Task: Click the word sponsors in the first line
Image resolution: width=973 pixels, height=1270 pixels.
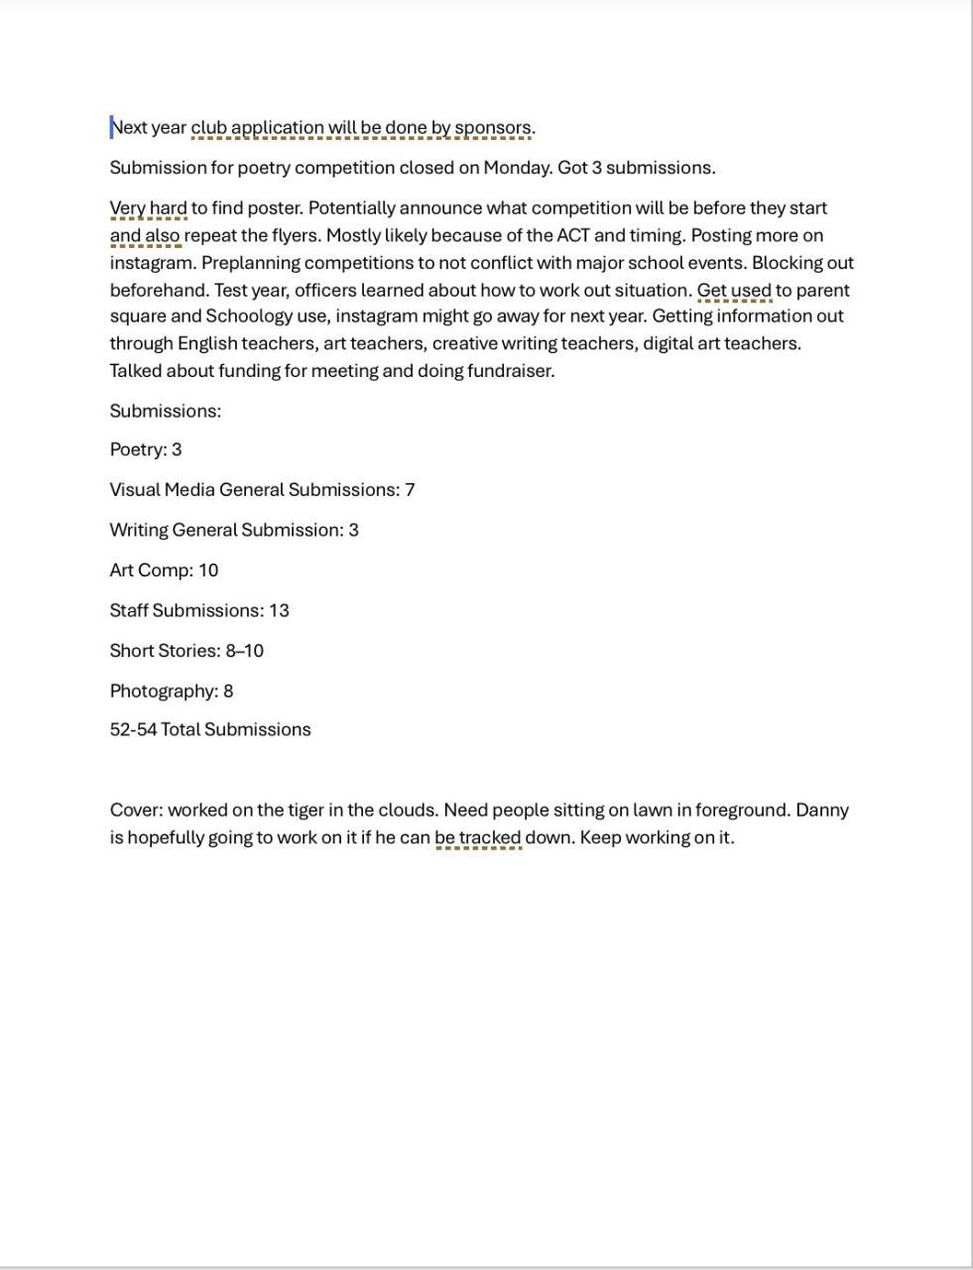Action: click(493, 128)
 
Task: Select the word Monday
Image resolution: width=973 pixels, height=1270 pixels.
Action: click(516, 168)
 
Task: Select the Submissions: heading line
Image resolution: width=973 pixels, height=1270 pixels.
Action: click(165, 411)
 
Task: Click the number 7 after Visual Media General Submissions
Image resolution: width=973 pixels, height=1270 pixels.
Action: click(410, 490)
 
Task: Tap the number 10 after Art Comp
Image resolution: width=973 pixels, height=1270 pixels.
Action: click(208, 571)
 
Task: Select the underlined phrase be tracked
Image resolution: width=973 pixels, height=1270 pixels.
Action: click(478, 837)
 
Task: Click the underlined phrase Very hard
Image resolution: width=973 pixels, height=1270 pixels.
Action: click(148, 208)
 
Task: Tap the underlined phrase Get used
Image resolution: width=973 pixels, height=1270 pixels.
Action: click(734, 291)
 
